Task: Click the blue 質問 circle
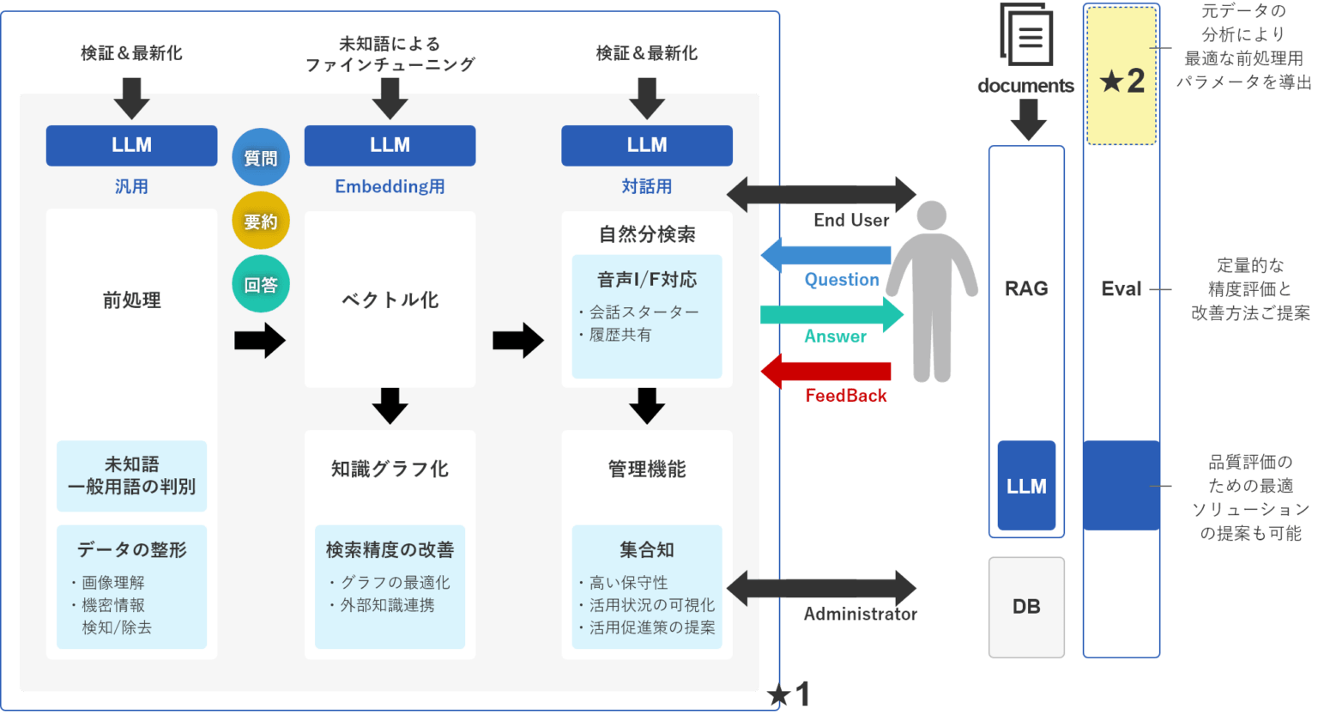(x=261, y=157)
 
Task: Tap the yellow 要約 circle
(x=261, y=221)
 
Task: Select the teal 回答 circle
(x=261, y=284)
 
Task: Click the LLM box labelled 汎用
(x=131, y=145)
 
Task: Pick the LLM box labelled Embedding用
(x=390, y=145)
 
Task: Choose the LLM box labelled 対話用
(x=647, y=145)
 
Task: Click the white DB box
(x=1026, y=607)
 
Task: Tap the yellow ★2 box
(x=1122, y=76)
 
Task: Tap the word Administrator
(x=860, y=614)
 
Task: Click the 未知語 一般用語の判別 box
(x=131, y=476)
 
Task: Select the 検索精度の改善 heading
(x=390, y=549)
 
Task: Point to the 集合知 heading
(x=647, y=549)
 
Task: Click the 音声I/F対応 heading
(x=647, y=280)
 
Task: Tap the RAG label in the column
(x=1026, y=288)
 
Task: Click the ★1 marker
(x=788, y=694)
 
